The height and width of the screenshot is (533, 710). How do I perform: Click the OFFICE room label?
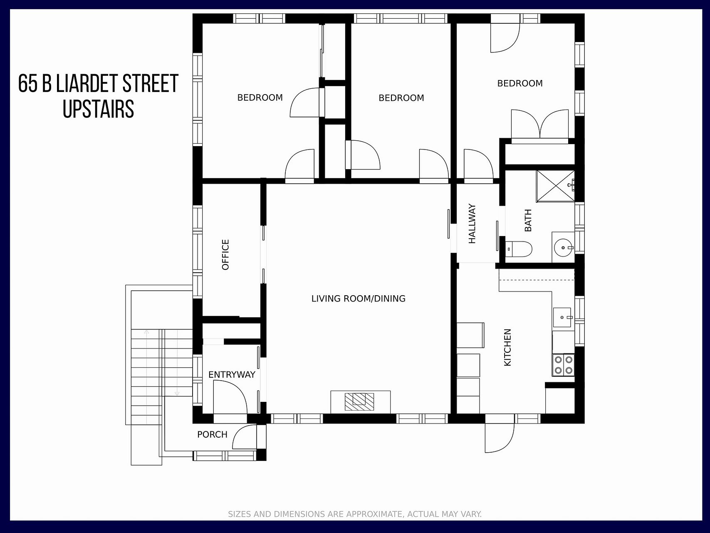pos(225,255)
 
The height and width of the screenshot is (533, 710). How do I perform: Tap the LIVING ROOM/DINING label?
pos(359,299)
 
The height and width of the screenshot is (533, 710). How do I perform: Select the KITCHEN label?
pos(507,348)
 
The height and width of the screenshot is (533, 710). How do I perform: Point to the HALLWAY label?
pos(472,224)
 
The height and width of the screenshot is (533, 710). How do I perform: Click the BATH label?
pos(528,220)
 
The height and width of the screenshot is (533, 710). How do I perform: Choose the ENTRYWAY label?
pos(232,375)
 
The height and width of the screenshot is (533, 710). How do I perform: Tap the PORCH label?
pos(212,434)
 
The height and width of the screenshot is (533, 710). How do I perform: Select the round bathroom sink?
pos(563,247)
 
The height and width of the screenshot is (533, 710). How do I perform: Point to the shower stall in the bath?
pos(555,186)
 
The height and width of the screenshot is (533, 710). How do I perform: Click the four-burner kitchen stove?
pos(563,364)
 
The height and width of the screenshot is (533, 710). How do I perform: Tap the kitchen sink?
pos(563,317)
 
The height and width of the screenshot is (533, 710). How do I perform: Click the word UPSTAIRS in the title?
pos(99,109)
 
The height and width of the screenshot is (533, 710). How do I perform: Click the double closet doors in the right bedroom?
pos(540,124)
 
